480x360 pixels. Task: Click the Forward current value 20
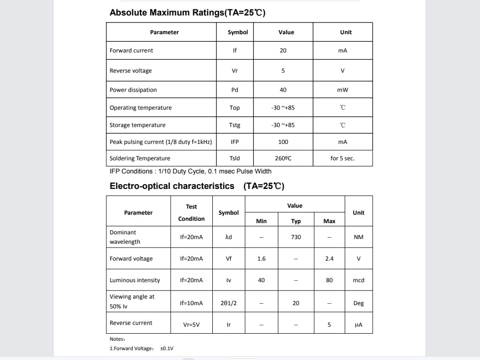tap(283, 51)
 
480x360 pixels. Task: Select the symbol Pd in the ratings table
tap(235, 90)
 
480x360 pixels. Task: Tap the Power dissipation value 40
tap(283, 90)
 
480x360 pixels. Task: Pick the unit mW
tap(343, 90)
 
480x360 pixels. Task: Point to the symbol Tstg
tap(235, 125)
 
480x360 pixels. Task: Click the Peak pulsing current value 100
tap(283, 142)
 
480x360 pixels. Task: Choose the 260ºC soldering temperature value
tap(283, 158)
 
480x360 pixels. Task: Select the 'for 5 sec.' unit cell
tap(343, 158)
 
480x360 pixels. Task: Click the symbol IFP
tap(235, 142)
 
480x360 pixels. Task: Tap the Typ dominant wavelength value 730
tap(296, 237)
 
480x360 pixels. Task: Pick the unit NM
tap(359, 237)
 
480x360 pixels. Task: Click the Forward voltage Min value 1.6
tap(262, 259)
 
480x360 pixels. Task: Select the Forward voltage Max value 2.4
tap(330, 259)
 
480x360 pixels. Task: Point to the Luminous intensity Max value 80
tap(330, 280)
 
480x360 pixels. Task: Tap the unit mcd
tap(359, 280)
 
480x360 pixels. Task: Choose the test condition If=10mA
tap(192, 303)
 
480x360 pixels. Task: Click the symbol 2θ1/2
tap(229, 303)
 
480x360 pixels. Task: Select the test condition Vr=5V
tap(192, 324)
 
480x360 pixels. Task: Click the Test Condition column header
tap(192, 212)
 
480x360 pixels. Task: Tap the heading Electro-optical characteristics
tap(172, 186)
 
